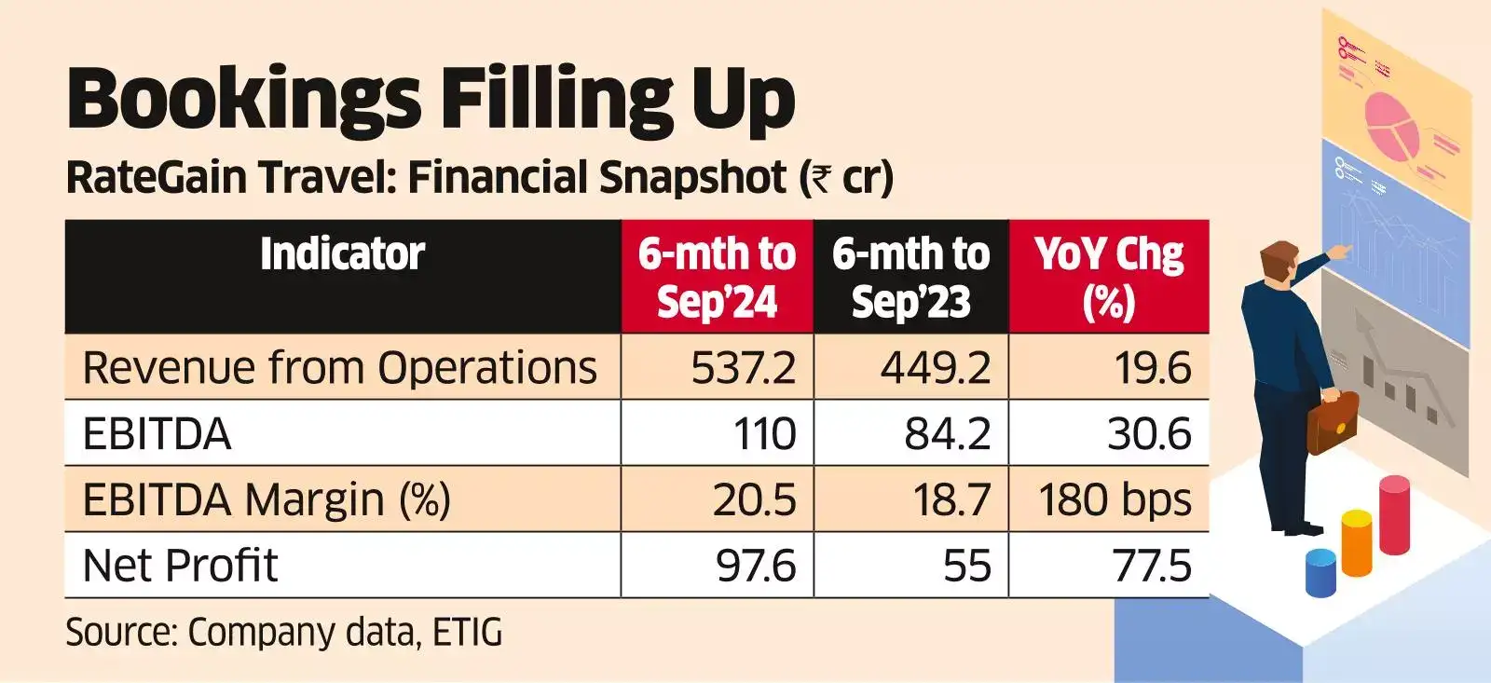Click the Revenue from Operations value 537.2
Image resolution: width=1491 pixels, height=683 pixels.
(x=743, y=368)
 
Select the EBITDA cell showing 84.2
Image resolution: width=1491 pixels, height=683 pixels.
(x=947, y=434)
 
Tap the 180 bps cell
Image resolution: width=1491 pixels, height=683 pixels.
(x=1115, y=500)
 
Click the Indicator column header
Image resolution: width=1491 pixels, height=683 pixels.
(x=342, y=254)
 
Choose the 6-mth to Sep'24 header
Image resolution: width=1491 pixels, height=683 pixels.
(x=717, y=278)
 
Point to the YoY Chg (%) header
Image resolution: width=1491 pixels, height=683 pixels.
(x=1108, y=278)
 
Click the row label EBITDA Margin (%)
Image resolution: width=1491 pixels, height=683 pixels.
(x=267, y=500)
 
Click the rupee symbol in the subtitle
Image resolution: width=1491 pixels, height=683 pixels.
(x=820, y=177)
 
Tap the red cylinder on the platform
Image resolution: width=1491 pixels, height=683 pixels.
(x=1394, y=513)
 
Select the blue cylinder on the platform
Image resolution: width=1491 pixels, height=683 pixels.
(x=1320, y=572)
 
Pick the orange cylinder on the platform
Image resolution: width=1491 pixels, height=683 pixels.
(x=1356, y=541)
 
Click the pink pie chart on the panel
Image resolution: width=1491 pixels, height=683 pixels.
(x=1391, y=124)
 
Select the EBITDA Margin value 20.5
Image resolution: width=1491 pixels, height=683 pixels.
(x=754, y=500)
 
